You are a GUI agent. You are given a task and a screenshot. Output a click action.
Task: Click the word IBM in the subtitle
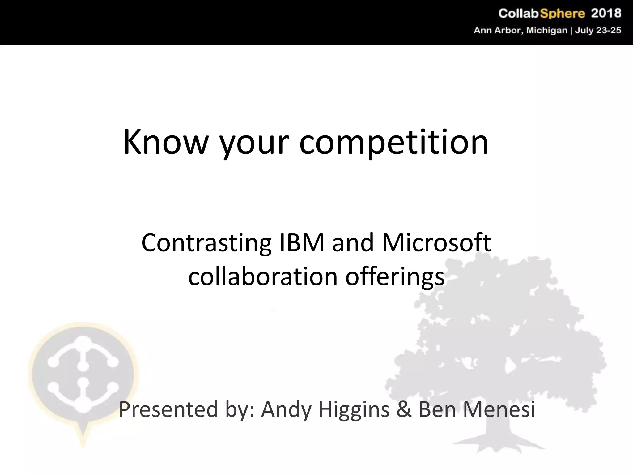pos(302,243)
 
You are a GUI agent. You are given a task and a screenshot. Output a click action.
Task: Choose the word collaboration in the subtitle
pos(263,276)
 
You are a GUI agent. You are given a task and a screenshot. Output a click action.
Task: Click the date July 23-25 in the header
pos(598,31)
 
